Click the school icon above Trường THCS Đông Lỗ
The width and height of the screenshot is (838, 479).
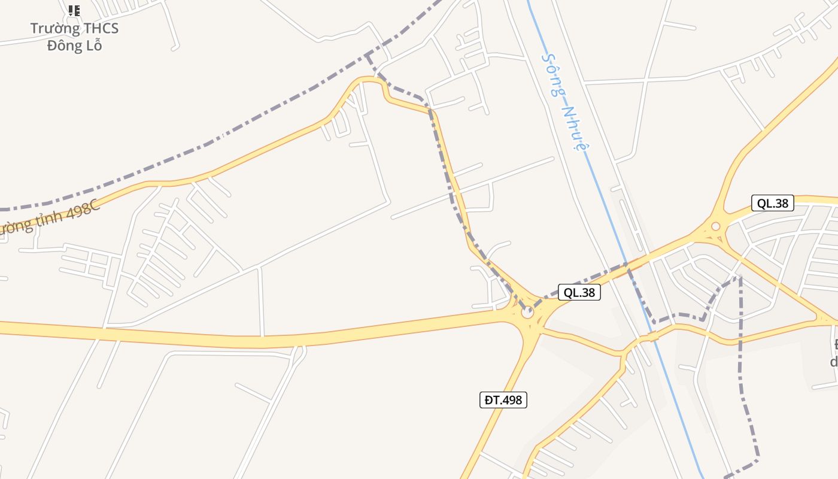(x=74, y=10)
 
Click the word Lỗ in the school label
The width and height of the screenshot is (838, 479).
(x=93, y=45)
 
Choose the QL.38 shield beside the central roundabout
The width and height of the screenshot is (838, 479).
(x=579, y=292)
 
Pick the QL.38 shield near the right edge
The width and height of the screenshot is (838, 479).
(x=772, y=203)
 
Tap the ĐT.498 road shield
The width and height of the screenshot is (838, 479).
(x=503, y=400)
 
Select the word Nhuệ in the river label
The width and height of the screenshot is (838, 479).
(x=573, y=127)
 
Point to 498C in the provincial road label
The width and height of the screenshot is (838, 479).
(x=81, y=210)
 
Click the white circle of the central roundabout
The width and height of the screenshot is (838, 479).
(x=527, y=311)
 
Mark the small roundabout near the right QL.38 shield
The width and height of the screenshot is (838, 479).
(x=715, y=226)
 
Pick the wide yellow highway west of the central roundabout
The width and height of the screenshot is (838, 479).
(x=299, y=338)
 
